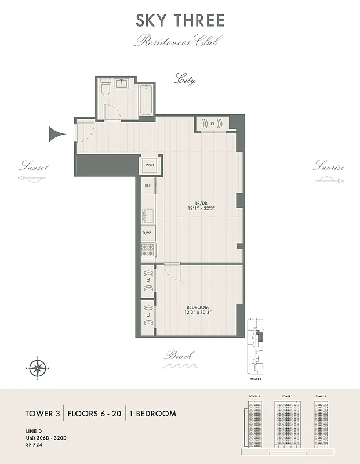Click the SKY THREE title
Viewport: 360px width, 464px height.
[180, 21]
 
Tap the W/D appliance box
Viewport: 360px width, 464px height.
[150, 165]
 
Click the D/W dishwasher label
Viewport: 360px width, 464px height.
[147, 233]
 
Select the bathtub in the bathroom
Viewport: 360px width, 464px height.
[146, 99]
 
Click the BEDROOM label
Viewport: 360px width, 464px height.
[197, 307]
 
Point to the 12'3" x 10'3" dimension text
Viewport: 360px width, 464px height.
[197, 313]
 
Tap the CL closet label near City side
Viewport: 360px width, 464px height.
[213, 124]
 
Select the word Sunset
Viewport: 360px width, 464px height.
[34, 167]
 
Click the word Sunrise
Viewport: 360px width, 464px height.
[329, 167]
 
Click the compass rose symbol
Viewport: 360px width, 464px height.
[38, 367]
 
